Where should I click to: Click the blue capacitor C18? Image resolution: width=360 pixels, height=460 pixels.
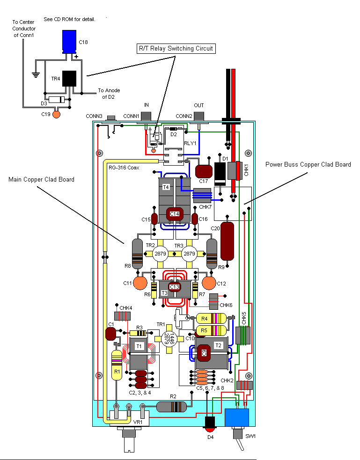[x=69, y=42]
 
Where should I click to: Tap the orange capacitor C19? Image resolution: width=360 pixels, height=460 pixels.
[x=57, y=114]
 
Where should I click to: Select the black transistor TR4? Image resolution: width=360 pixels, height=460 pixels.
[x=69, y=79]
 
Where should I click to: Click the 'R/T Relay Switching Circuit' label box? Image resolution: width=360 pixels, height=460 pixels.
[x=176, y=48]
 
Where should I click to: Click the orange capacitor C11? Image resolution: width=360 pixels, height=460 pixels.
[x=140, y=283]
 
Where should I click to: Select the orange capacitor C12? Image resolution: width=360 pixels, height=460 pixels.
[x=209, y=283]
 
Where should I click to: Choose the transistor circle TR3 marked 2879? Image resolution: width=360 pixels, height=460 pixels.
[x=189, y=253]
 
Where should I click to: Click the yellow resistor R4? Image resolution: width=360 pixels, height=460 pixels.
[x=208, y=319]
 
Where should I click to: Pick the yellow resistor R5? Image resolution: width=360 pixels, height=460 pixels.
[x=208, y=330]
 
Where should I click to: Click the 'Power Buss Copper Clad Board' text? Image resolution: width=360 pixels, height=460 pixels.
[x=308, y=164]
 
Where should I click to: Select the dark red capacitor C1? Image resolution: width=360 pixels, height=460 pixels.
[x=111, y=334]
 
